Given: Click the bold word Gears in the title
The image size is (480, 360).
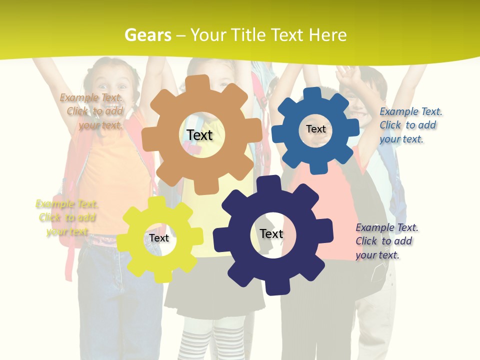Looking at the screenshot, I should [x=147, y=35].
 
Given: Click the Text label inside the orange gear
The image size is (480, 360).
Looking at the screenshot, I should [x=199, y=135].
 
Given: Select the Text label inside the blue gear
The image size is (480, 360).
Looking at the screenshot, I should [x=315, y=129].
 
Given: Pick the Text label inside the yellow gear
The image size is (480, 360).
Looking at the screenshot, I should [x=159, y=238].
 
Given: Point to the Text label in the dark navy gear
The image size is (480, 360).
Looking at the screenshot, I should [x=271, y=233].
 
